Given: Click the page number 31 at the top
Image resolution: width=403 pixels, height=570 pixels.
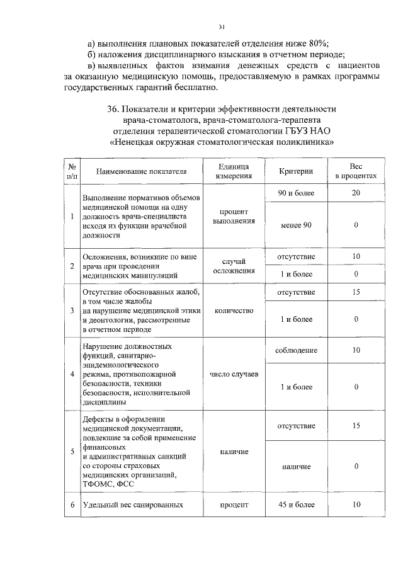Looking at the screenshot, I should tap(221, 26).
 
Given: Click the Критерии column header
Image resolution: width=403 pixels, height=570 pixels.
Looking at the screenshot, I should tap(296, 171).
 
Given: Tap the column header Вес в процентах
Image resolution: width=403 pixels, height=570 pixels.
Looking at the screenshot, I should tap(356, 171).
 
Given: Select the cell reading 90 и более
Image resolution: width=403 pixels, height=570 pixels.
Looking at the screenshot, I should tap(296, 193).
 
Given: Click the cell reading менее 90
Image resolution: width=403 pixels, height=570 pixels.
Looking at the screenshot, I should tap(296, 225).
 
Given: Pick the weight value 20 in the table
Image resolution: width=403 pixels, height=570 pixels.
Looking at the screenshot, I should tap(356, 193).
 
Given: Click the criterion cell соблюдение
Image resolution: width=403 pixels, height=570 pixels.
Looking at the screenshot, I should tap(296, 350).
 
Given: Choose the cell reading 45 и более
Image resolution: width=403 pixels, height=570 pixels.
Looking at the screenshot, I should tap(296, 504).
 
